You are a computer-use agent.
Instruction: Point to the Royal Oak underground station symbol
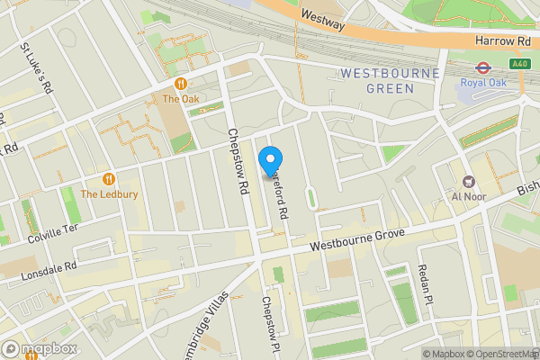(481, 66)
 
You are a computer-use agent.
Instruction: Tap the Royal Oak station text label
(483, 83)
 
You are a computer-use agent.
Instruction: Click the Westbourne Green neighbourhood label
(390, 80)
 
